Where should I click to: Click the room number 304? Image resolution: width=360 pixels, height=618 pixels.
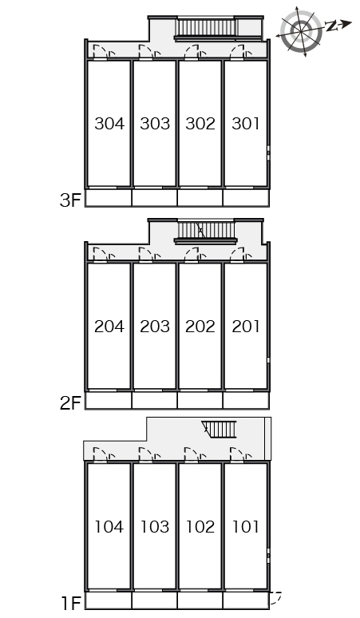pos(109,124)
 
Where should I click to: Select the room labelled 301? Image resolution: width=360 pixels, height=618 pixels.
pos(246,124)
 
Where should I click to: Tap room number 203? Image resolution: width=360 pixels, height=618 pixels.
pos(155,327)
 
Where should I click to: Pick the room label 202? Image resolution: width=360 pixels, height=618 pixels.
pos(200,327)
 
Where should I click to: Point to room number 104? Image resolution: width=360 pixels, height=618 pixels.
pos(109,526)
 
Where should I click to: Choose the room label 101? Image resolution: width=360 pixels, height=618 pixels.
pos(246,526)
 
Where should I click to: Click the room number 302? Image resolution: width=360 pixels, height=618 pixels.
pos(200,124)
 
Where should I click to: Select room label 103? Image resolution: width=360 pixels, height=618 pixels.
pos(155,526)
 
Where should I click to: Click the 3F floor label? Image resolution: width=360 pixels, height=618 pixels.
pos(70,200)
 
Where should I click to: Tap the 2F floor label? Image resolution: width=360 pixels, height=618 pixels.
pos(70,402)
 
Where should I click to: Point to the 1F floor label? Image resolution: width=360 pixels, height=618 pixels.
pos(71,603)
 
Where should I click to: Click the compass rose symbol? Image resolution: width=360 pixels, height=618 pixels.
pos(302,31)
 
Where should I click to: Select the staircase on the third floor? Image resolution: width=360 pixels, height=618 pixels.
pos(207,28)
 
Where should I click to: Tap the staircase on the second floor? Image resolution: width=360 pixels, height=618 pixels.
pos(207,231)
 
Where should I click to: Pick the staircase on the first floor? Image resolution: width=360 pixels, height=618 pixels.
pos(220,430)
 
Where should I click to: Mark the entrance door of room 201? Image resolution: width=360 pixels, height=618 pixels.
pos(237,255)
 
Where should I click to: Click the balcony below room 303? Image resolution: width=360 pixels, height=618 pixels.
pos(154,197)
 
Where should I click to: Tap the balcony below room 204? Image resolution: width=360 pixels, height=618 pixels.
pos(109,401)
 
